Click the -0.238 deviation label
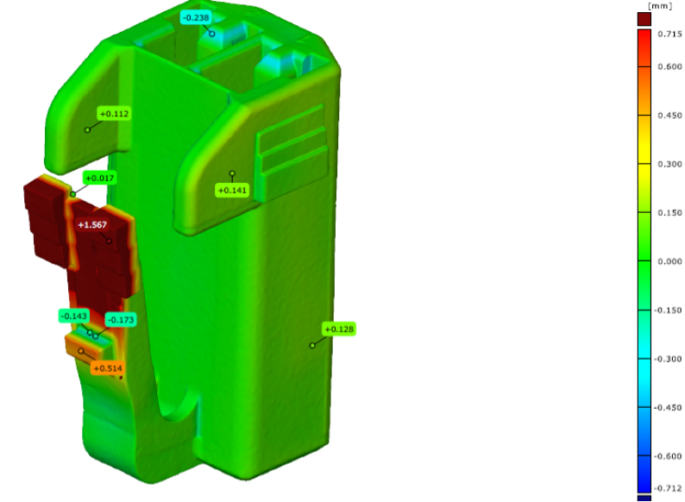pyautogui.click(x=196, y=17)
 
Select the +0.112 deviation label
pyautogui.click(x=114, y=114)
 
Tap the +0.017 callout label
pyautogui.click(x=99, y=179)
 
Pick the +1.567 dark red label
pyautogui.click(x=92, y=224)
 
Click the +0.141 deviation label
pyautogui.click(x=232, y=191)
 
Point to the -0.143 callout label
pyautogui.click(x=74, y=316)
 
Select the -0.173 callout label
pyautogui.click(x=121, y=320)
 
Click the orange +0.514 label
pyautogui.click(x=108, y=368)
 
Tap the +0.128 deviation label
pyautogui.click(x=339, y=329)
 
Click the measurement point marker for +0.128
pyautogui.click(x=312, y=346)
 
